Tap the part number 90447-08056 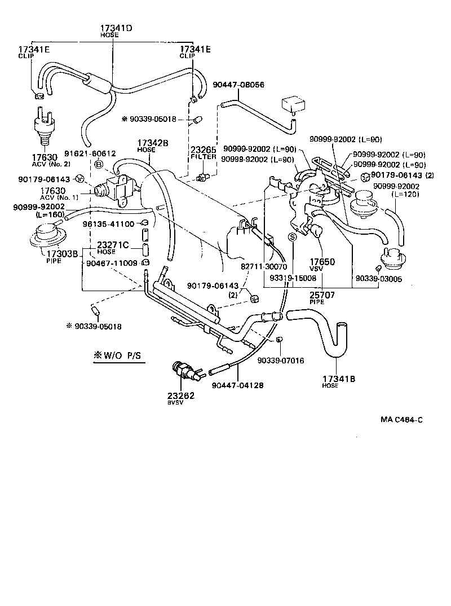click(238, 85)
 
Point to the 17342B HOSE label click(153, 146)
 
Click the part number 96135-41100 click(108, 224)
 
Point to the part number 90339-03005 click(378, 279)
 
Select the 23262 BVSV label click(181, 398)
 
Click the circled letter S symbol click(292, 237)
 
